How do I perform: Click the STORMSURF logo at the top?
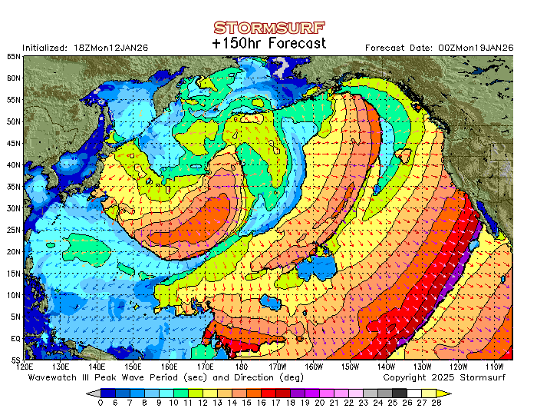tap(268, 28)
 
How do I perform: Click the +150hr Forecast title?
tap(268, 44)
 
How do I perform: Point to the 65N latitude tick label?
tap(14, 57)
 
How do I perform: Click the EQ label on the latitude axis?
tap(15, 337)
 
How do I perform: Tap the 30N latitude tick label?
tap(14, 207)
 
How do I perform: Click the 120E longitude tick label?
tap(25, 367)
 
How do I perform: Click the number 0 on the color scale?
tap(101, 402)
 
